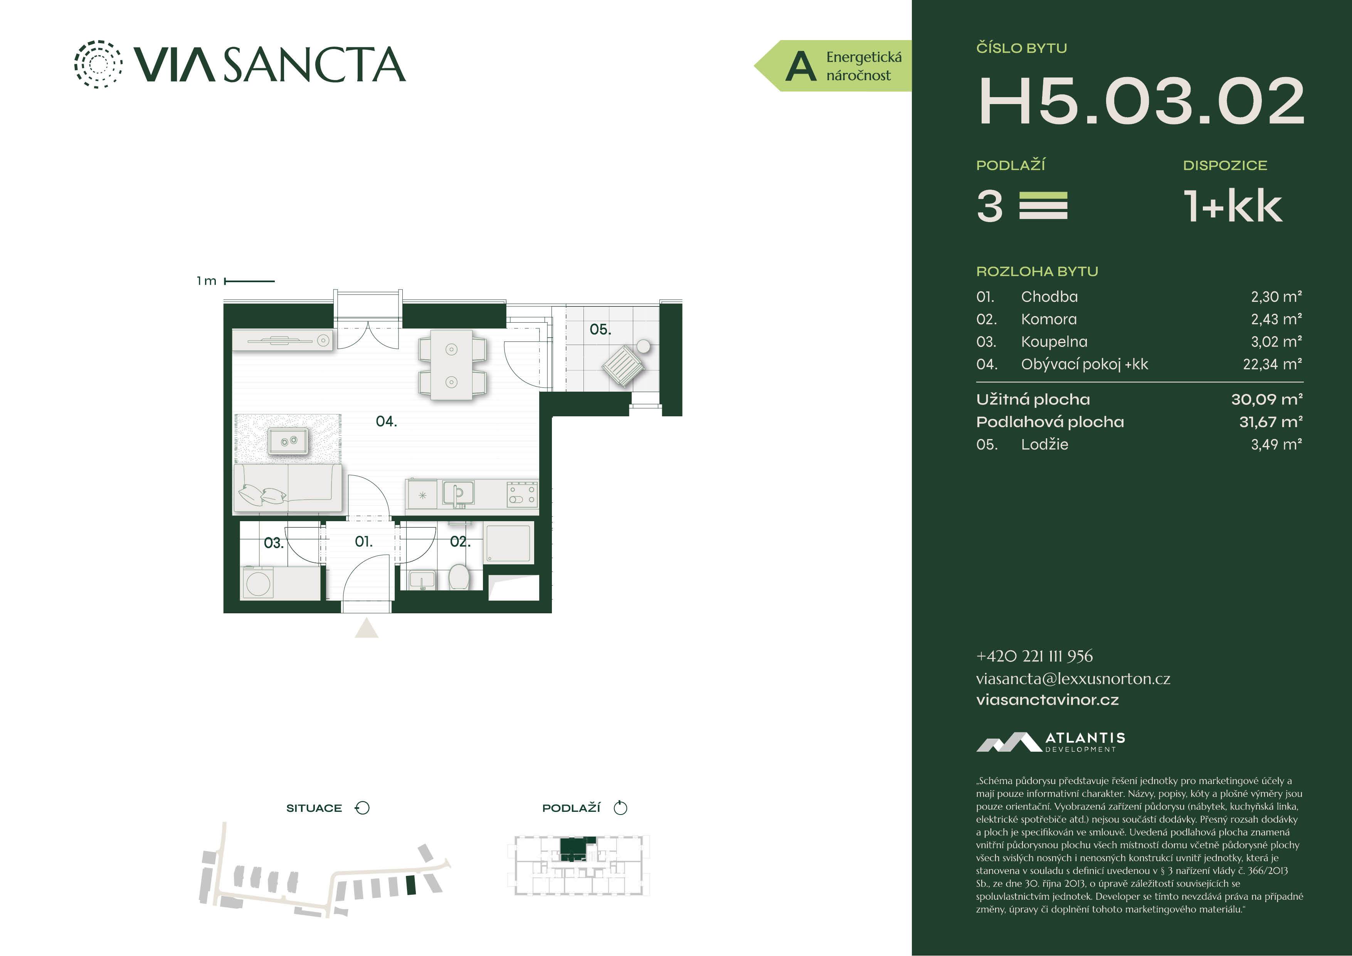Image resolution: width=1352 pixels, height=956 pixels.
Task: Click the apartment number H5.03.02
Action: coord(1141,101)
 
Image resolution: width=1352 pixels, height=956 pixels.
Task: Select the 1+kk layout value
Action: coord(1233,206)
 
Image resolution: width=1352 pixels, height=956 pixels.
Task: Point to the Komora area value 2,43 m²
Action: coord(1276,319)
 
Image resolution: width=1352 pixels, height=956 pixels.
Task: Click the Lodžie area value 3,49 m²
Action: coord(1276,445)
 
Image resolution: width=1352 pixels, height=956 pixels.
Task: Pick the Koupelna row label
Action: coord(1054,342)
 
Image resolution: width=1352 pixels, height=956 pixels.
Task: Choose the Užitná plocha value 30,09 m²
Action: coord(1266,399)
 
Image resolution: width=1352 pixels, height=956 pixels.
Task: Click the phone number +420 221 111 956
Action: coord(1034,656)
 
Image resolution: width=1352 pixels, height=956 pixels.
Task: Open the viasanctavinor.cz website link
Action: coord(1047,700)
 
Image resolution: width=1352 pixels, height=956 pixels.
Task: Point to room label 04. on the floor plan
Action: coord(386,421)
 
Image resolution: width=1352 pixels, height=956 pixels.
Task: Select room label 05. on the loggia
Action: coord(600,329)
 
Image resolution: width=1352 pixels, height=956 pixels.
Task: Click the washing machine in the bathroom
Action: coord(258,583)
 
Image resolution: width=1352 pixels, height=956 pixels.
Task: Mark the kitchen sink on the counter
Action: coord(457,493)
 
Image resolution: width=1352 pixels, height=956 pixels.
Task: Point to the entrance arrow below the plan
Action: coord(366,628)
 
